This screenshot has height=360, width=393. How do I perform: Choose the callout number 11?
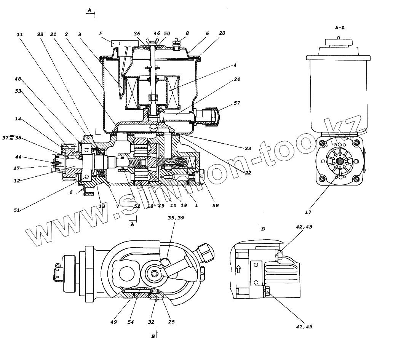click(20, 34)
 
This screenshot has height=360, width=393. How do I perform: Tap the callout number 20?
click(222, 34)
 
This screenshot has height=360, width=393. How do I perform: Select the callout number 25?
click(171, 322)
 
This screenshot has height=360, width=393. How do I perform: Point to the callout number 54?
click(131, 322)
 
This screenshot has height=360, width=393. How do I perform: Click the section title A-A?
click(340, 28)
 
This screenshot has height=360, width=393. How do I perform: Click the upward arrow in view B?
click(239, 269)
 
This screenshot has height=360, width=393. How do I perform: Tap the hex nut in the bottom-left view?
click(155, 273)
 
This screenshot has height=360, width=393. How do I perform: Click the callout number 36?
click(137, 34)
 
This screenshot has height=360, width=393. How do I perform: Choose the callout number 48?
click(18, 79)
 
